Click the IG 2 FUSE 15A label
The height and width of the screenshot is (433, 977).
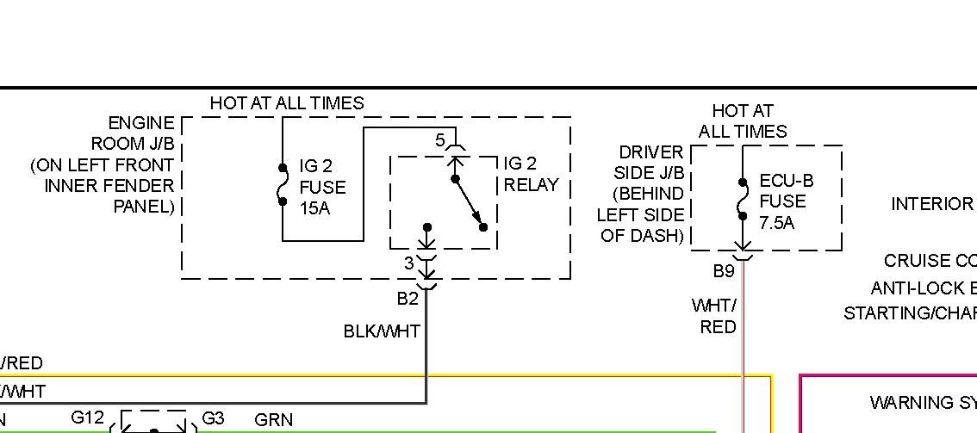(x=321, y=187)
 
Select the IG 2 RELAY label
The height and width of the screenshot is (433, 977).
(x=531, y=174)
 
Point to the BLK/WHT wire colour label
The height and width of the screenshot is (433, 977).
(x=382, y=331)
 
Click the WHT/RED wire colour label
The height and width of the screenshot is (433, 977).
(x=716, y=316)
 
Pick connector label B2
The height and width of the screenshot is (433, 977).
(x=408, y=299)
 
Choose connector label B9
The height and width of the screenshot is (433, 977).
(x=723, y=271)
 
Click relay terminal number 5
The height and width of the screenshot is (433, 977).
(x=439, y=140)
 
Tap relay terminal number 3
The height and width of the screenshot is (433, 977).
(x=409, y=263)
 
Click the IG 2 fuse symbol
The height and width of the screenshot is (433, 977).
(x=283, y=184)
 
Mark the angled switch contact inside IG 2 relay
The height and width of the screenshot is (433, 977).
(x=470, y=203)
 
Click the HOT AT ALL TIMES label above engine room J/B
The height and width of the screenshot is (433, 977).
(x=287, y=103)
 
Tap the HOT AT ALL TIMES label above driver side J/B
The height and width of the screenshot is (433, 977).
(x=742, y=121)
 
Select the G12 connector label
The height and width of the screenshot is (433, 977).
(x=87, y=418)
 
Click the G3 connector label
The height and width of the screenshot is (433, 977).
(x=212, y=418)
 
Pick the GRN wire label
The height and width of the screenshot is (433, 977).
(x=274, y=420)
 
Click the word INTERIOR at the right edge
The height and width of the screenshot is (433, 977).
(x=931, y=204)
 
